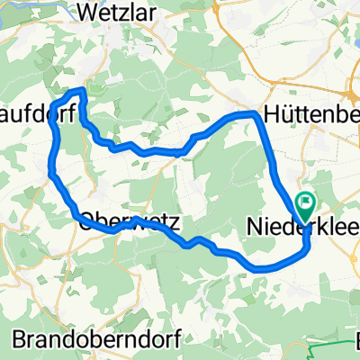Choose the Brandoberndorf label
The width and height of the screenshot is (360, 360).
point(98,339)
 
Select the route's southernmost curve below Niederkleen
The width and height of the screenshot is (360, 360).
point(261,267)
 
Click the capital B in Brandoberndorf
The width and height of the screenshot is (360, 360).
point(22,339)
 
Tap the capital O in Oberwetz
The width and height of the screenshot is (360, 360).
point(89,220)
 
